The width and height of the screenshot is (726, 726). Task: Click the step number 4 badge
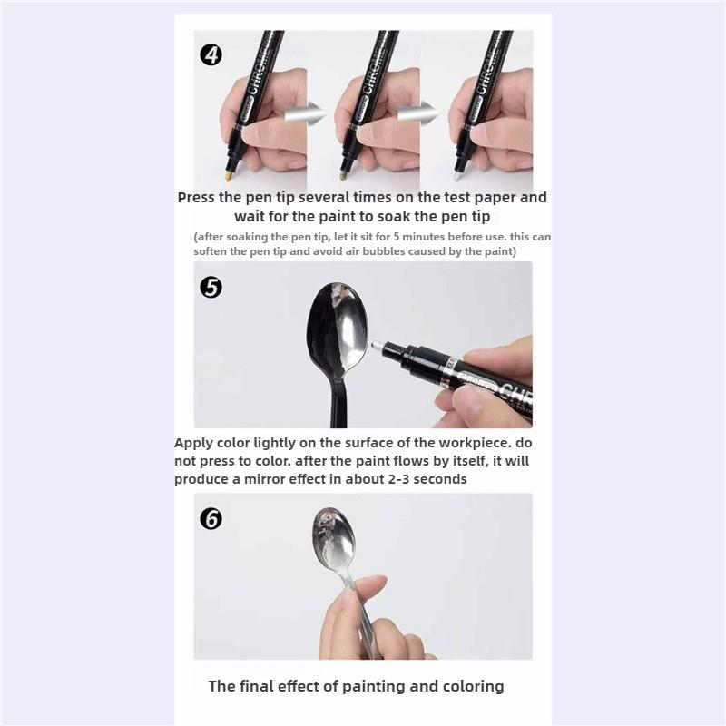pos(211,55)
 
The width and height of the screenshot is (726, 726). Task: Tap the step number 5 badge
pos(211,287)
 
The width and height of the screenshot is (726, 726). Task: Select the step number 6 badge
pos(211,518)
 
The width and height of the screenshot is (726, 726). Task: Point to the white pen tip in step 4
pos(458,175)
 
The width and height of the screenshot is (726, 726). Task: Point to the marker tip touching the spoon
pos(378,346)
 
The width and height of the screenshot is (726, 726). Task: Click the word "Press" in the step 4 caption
pos(196,198)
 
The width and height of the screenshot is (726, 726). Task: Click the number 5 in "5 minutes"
pos(397,237)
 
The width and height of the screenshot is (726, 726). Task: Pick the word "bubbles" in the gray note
pos(382,251)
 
